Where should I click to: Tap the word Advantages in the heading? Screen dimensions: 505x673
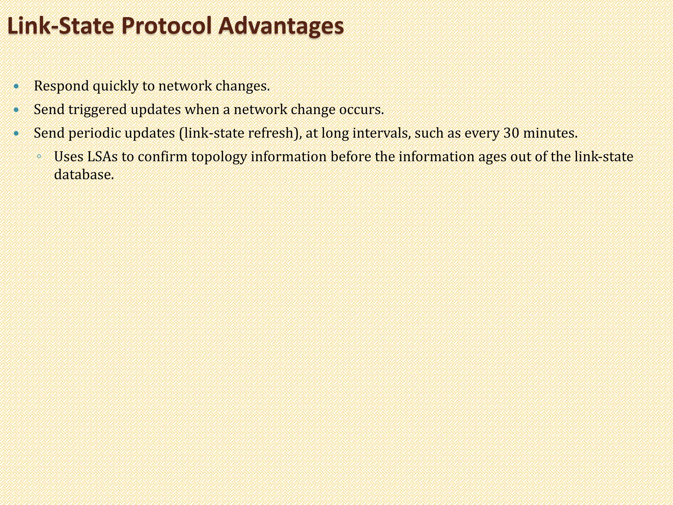pos(281,26)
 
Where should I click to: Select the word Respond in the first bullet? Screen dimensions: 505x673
pos(61,86)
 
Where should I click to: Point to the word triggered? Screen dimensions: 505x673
pos(98,110)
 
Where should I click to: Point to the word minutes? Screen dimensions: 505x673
pos(550,133)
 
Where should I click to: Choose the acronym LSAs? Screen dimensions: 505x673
pos(102,157)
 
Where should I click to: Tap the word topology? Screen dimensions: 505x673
pos(219,157)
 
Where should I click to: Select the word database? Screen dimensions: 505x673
pos(84,175)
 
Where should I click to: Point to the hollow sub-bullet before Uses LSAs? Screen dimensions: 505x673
pos(39,157)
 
